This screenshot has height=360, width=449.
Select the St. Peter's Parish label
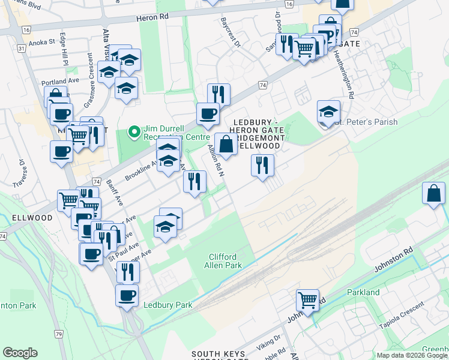tap(366, 122)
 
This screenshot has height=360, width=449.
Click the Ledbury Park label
tap(168, 305)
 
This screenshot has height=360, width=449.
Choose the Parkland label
tap(363, 292)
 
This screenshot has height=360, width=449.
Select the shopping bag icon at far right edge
tap(433, 193)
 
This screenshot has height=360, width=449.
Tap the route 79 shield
tap(58, 334)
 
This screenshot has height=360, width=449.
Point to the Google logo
tap(20, 352)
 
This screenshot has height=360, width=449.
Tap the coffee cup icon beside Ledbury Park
tap(127, 295)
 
